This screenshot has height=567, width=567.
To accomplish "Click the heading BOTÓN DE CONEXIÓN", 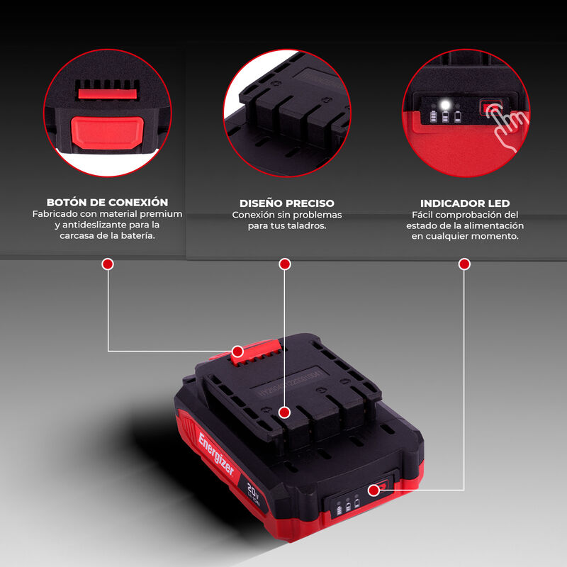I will tap(107, 203).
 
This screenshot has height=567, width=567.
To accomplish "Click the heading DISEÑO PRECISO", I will tap(286, 203).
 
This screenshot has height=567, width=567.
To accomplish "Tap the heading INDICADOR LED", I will tap(464, 203).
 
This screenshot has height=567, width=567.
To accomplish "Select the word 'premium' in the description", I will tap(159, 214).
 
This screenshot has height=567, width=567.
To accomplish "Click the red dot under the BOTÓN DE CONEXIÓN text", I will tap(108, 264).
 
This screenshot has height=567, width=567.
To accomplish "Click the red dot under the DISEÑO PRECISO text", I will tap(285, 264).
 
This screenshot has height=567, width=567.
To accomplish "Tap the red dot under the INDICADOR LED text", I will tap(464, 264).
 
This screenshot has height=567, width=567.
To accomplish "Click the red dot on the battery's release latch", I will tap(238, 351).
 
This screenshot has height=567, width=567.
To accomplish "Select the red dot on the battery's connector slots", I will tap(284, 412).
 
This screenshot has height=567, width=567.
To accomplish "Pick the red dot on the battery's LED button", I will tap(374, 488).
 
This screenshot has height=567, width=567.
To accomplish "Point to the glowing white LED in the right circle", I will tap(445, 105).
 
